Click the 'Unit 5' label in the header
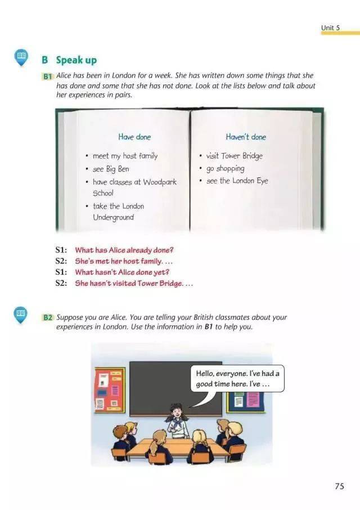click(x=330, y=28)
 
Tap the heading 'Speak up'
click(x=76, y=60)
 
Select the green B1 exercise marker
click(x=47, y=77)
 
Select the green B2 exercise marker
click(x=47, y=317)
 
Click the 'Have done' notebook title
click(x=134, y=137)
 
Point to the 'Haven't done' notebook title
click(x=246, y=137)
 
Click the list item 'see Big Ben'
click(x=111, y=169)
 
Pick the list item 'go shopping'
click(x=225, y=168)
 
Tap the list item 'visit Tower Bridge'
click(x=234, y=156)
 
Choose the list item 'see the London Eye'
click(x=237, y=181)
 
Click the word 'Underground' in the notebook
click(x=114, y=218)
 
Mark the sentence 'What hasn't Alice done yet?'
click(x=122, y=272)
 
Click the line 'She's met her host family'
click(x=119, y=261)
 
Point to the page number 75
click(x=339, y=486)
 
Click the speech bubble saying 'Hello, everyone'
click(x=237, y=379)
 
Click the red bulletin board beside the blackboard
click(x=110, y=390)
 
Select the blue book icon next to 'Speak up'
click(x=21, y=57)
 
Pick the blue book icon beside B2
click(x=20, y=315)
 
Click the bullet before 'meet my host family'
click(x=87, y=156)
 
